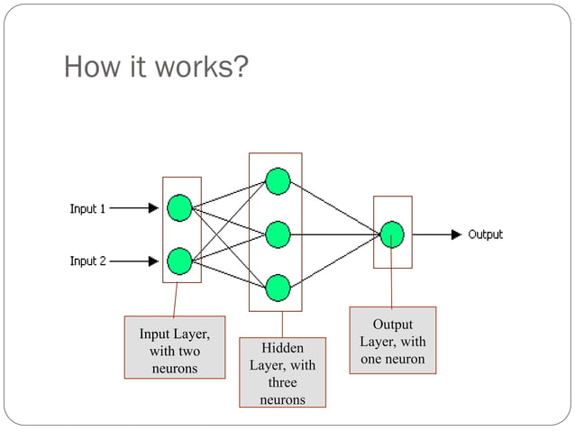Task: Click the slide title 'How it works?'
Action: pyautogui.click(x=155, y=68)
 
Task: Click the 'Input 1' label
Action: pyautogui.click(x=88, y=209)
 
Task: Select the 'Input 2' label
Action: pyautogui.click(x=88, y=261)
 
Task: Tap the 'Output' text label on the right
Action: pyautogui.click(x=485, y=234)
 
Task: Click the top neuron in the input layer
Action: pyautogui.click(x=180, y=208)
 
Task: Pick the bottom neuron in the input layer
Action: pyautogui.click(x=180, y=261)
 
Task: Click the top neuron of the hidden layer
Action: pyautogui.click(x=278, y=182)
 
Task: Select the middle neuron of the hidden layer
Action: pyautogui.click(x=278, y=234)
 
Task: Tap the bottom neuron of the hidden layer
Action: pyautogui.click(x=278, y=288)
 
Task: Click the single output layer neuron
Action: pyautogui.click(x=392, y=234)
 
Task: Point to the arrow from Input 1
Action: pyautogui.click(x=133, y=208)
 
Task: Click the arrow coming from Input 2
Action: pyautogui.click(x=133, y=261)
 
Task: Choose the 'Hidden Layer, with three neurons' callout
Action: pyautogui.click(x=282, y=373)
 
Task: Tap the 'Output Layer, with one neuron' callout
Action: pyautogui.click(x=392, y=341)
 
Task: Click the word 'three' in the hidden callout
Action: pyautogui.click(x=282, y=382)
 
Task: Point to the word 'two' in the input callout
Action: pyautogui.click(x=188, y=352)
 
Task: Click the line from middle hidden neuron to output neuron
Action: pyautogui.click(x=333, y=234)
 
